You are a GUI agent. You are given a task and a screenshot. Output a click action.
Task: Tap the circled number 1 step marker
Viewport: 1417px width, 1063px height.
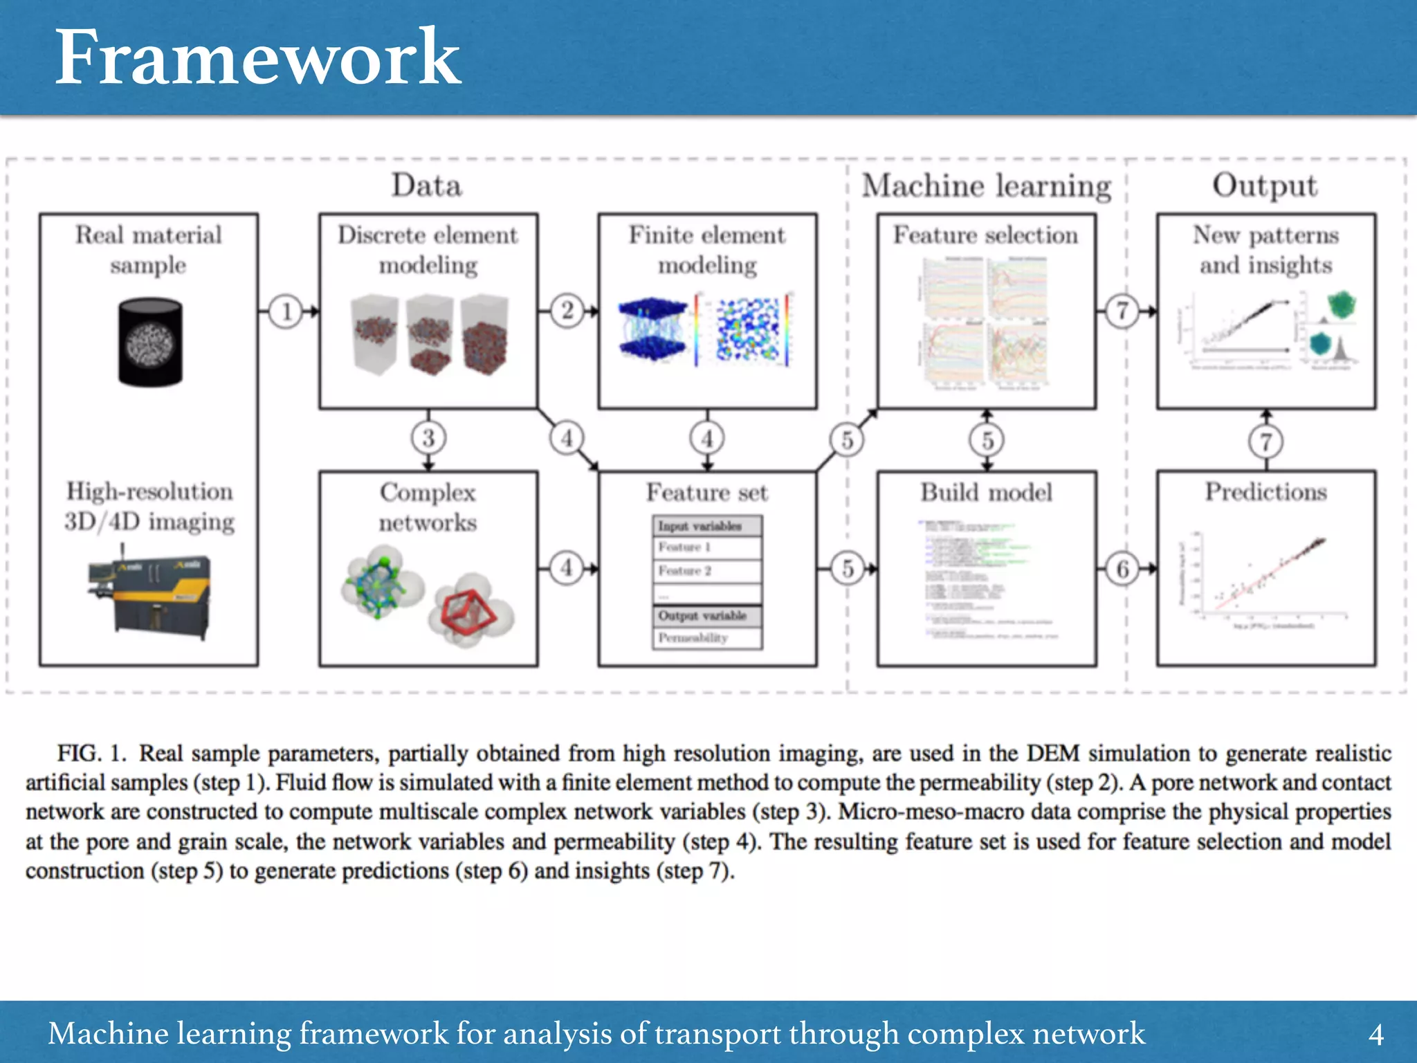pos(286,311)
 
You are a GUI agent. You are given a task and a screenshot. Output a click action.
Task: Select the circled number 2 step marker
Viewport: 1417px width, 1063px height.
pos(567,311)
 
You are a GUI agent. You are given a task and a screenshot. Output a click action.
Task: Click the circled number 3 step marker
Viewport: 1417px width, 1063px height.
pos(428,438)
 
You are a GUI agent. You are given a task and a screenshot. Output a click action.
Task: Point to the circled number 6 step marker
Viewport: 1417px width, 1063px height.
pos(1122,569)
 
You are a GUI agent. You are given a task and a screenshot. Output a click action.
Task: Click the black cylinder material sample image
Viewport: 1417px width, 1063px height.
pos(150,342)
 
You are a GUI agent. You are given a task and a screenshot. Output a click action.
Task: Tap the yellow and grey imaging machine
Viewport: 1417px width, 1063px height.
pos(149,593)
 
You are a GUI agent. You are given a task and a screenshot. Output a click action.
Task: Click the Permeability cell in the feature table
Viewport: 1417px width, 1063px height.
pos(706,638)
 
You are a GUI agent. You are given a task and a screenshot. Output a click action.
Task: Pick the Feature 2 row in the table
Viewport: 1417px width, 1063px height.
pos(706,571)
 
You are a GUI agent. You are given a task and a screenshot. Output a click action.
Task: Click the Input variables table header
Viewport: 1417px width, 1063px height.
pos(706,526)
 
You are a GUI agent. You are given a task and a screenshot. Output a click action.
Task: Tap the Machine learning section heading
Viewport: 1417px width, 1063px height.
pos(986,185)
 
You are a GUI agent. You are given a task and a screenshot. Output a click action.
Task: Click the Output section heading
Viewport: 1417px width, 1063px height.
pos(1265,185)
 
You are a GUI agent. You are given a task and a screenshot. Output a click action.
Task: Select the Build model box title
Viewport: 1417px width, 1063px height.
pos(986,493)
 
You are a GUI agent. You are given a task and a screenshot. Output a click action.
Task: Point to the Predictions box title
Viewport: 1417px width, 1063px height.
pos(1265,492)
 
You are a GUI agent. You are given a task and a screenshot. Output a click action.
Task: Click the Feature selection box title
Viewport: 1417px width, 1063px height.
pos(985,235)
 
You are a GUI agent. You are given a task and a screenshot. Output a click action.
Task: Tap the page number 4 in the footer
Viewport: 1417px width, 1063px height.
pos(1375,1035)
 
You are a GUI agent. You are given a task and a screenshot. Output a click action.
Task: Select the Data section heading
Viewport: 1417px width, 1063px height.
pos(427,185)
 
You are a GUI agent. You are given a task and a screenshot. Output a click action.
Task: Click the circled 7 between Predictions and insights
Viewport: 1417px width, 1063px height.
pos(1265,441)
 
